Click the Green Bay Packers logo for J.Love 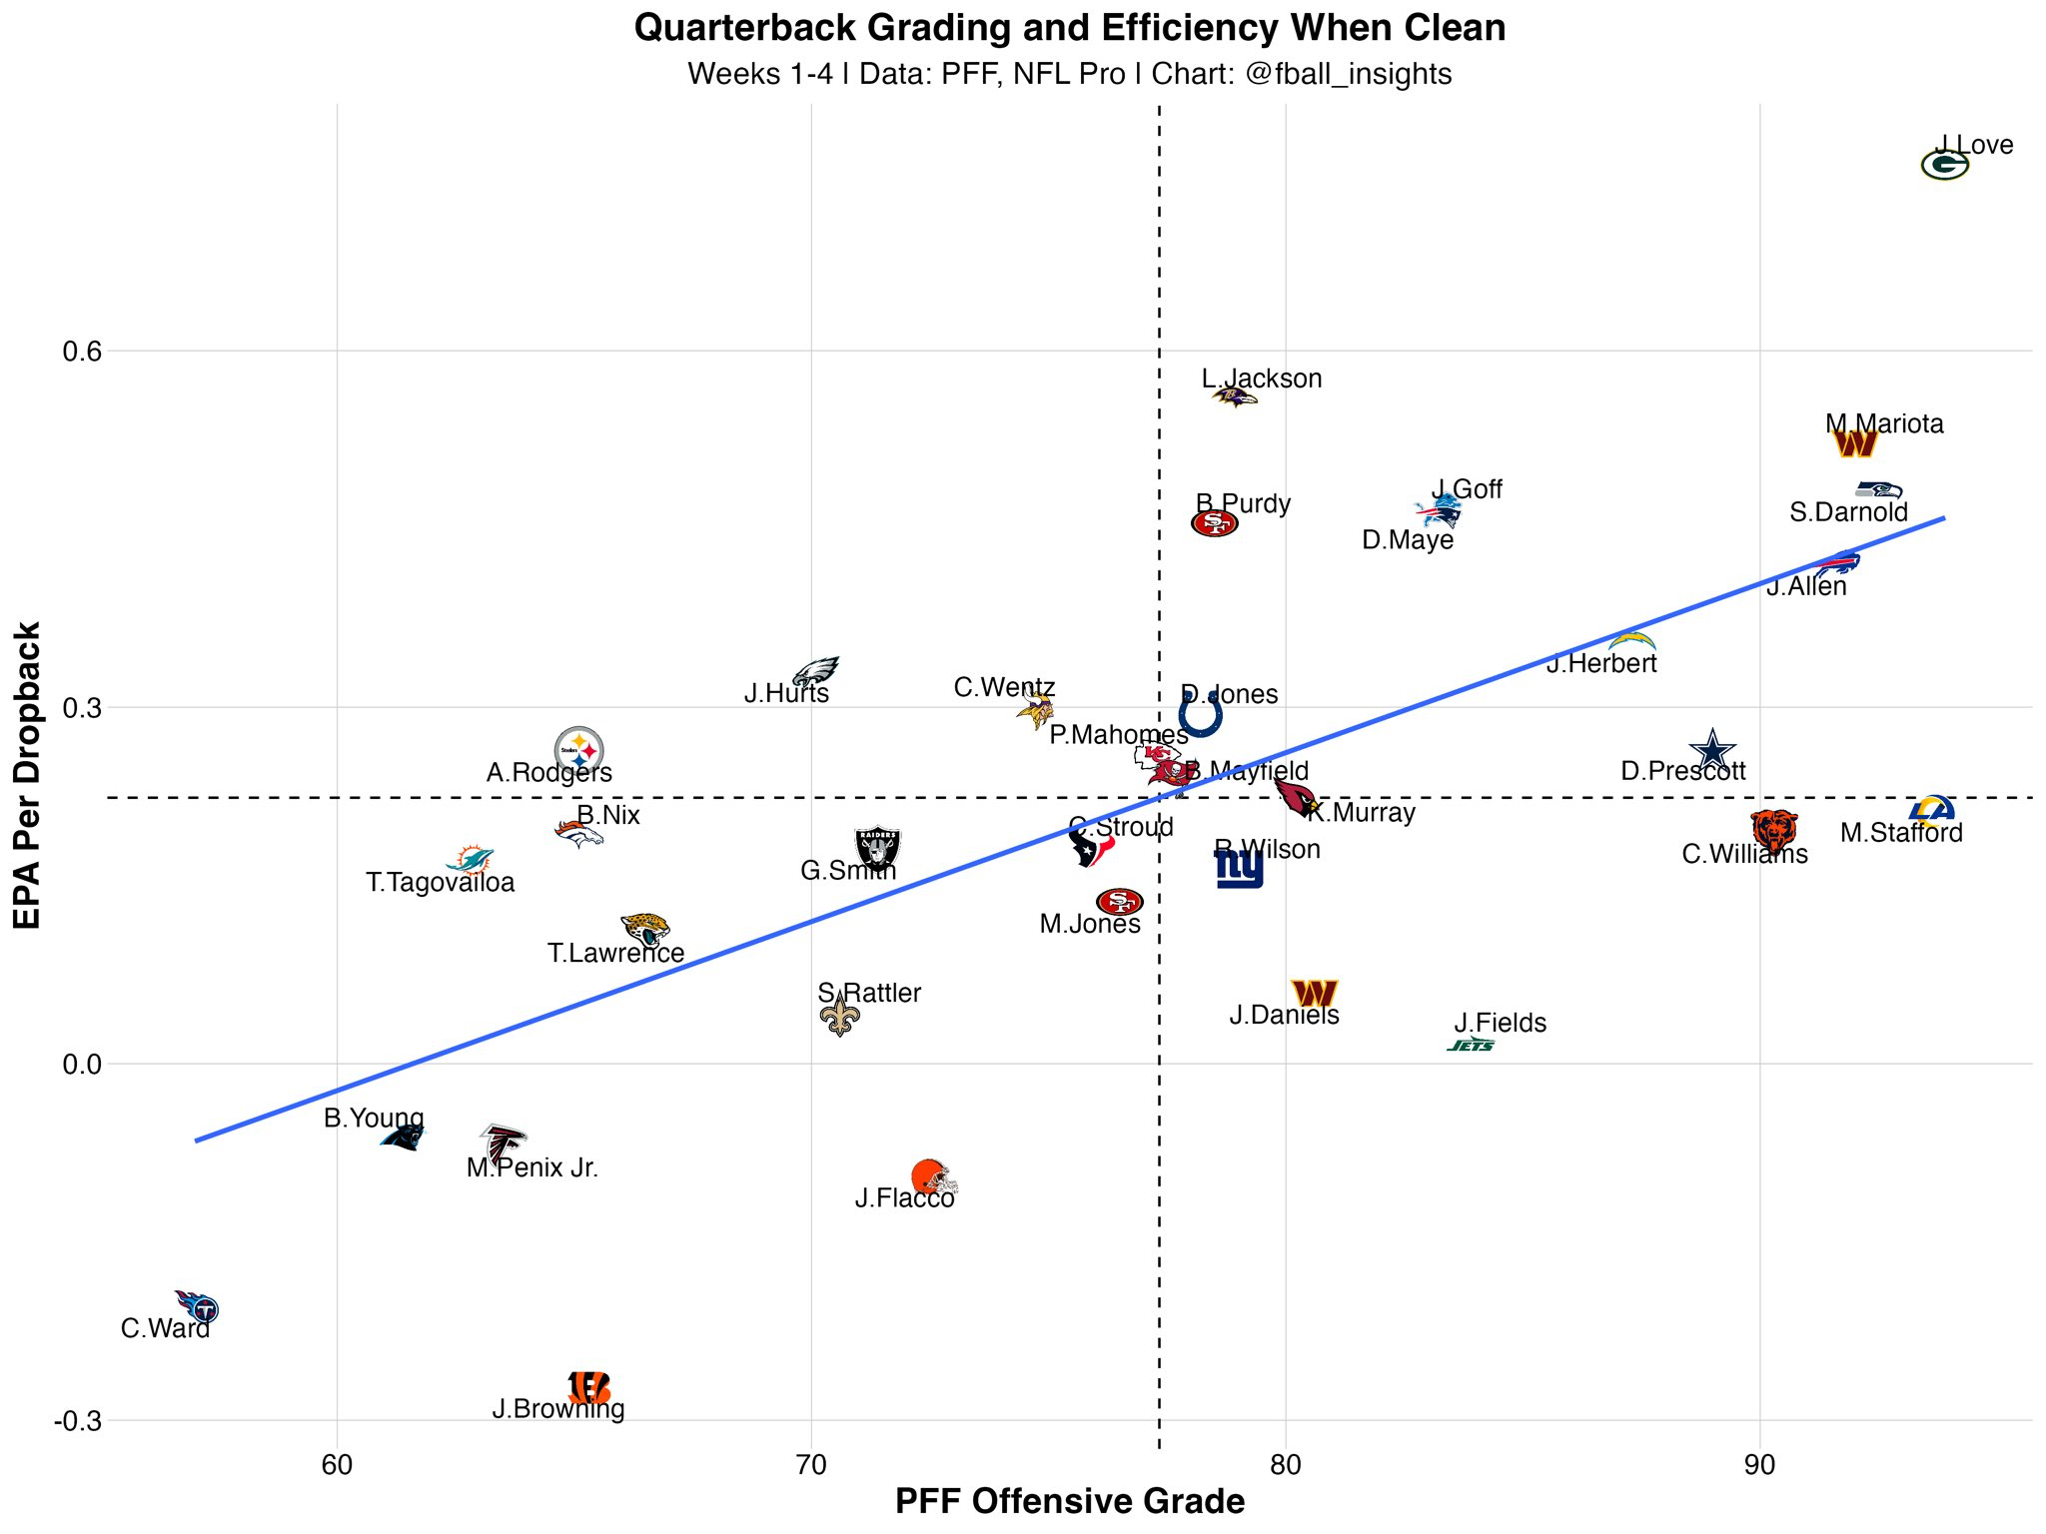tap(1944, 165)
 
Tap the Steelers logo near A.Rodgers tap(579, 749)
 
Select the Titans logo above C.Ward tap(198, 1305)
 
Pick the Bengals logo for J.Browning tap(588, 1386)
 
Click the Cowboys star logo tap(1712, 750)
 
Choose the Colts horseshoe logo tap(1200, 715)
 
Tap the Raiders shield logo tap(878, 849)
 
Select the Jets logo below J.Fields tap(1471, 1046)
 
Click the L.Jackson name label tap(1262, 379)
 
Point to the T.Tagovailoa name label tap(441, 883)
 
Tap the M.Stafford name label tap(1901, 833)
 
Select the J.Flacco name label tap(905, 1198)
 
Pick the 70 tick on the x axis tap(811, 1466)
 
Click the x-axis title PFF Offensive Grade tap(1070, 1502)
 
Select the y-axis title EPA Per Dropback tap(28, 775)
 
